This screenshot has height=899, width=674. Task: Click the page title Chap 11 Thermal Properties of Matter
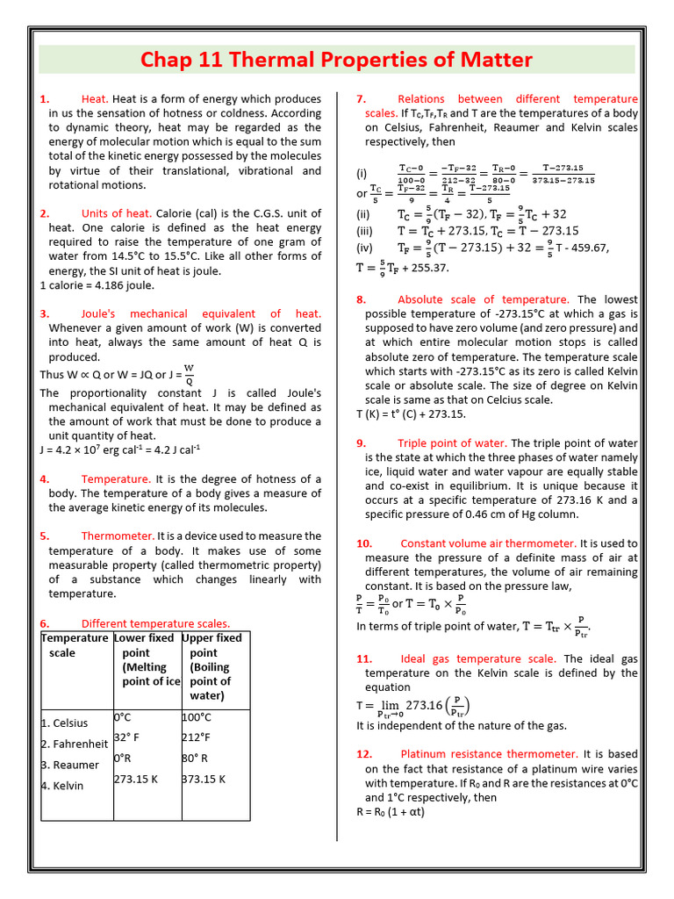point(337,60)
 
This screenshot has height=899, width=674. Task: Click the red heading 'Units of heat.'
point(117,213)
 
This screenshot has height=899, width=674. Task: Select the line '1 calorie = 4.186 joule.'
point(97,285)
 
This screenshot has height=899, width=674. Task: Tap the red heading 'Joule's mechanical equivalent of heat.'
point(201,313)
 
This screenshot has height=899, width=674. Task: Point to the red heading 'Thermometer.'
point(118,536)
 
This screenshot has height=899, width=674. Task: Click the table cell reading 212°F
point(197,737)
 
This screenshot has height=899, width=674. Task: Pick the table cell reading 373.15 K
point(204,779)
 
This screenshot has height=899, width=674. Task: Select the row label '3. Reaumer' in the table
point(70,765)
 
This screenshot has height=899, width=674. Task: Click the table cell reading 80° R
point(195,759)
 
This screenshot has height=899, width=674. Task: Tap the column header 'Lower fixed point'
point(146,659)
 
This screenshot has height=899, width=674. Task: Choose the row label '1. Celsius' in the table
point(65,723)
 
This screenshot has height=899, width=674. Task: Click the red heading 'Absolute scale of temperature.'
point(483,299)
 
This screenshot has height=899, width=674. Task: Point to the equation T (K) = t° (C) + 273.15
point(411,414)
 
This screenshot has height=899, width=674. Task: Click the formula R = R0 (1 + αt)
point(391,812)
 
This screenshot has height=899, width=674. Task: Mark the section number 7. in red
point(361,99)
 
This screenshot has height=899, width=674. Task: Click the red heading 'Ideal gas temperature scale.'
point(477,658)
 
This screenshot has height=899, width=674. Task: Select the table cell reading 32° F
point(126,737)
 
